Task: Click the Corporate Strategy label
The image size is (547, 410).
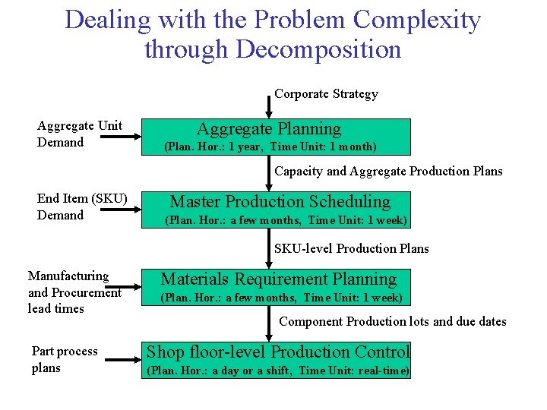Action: [x=326, y=94]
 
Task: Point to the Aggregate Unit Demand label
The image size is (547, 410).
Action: [x=80, y=134]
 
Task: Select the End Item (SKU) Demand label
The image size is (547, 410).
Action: [x=82, y=207]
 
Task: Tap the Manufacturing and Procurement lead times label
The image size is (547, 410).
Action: [x=74, y=292]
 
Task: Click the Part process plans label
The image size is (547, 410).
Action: [x=65, y=359]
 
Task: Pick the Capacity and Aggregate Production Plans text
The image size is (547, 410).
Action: [x=388, y=171]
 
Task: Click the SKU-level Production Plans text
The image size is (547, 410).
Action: [x=351, y=248]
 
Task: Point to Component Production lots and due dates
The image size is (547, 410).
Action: [x=392, y=321]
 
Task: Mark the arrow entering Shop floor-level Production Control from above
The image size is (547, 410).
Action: [x=269, y=328]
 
